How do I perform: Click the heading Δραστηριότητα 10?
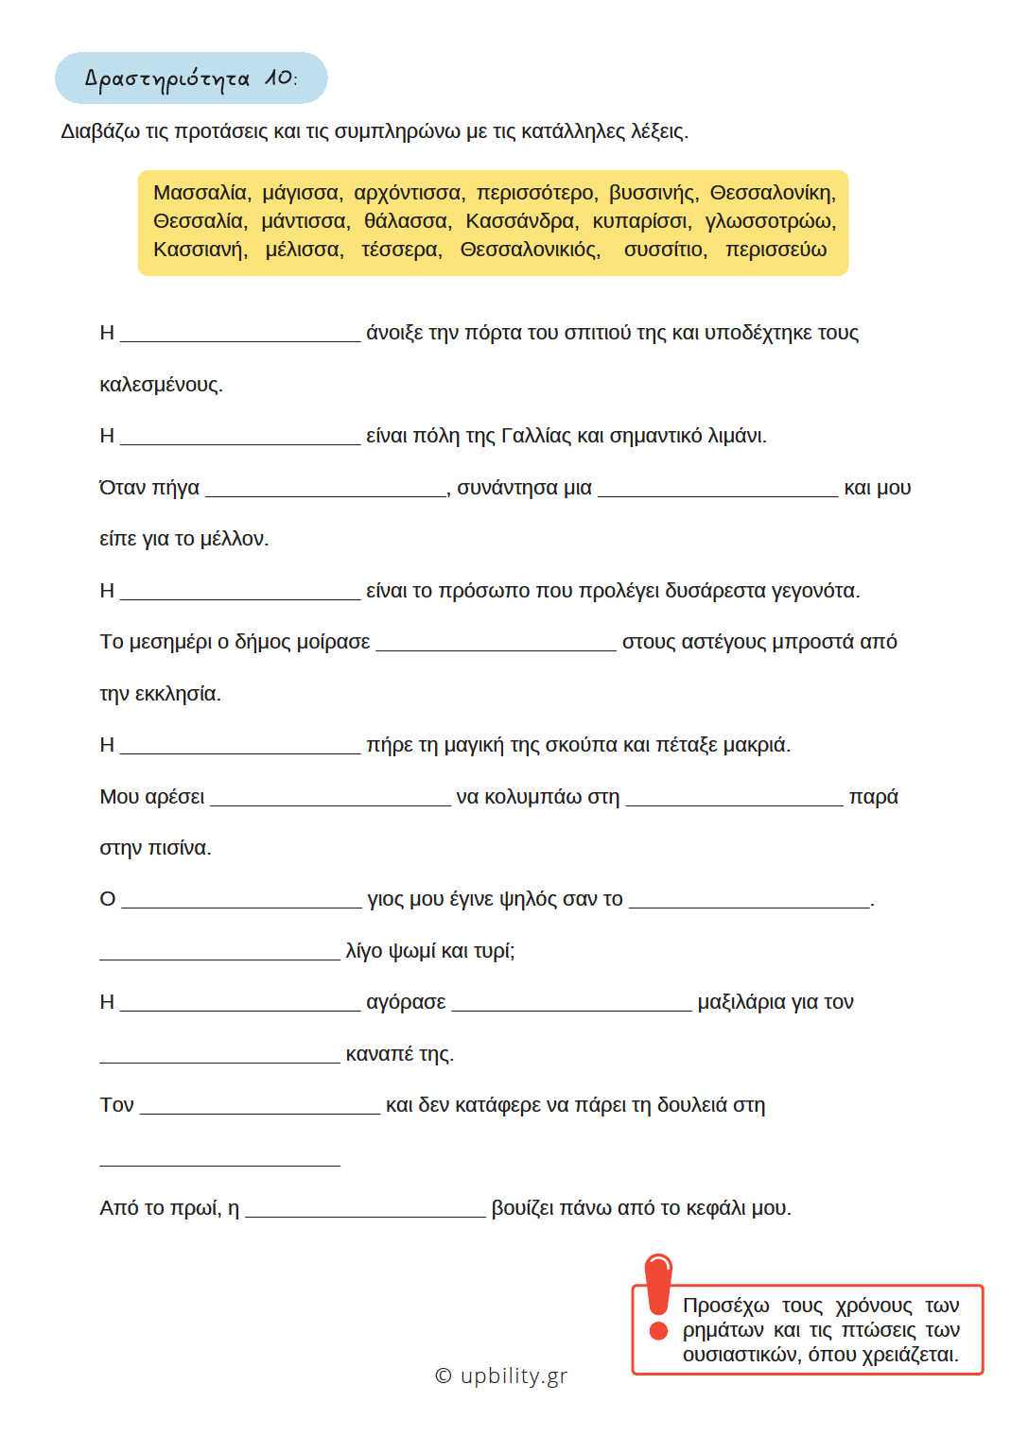click(x=191, y=78)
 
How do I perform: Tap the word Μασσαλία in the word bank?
click(x=201, y=193)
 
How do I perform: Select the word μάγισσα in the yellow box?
click(x=302, y=193)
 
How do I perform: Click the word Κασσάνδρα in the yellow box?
click(x=521, y=221)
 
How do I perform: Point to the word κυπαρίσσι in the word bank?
click(x=642, y=221)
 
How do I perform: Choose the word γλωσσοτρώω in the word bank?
click(x=770, y=221)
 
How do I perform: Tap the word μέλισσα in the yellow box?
click(x=304, y=250)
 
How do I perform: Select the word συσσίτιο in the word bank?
click(x=665, y=250)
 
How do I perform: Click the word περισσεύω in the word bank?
click(x=776, y=250)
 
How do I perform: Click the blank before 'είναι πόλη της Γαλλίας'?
click(x=240, y=437)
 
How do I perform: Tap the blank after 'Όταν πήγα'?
click(x=325, y=488)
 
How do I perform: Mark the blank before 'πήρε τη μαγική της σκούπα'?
click(x=240, y=746)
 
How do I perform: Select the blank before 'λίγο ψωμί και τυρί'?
click(x=219, y=952)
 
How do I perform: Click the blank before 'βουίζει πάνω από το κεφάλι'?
click(x=365, y=1209)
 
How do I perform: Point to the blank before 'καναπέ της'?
click(x=219, y=1055)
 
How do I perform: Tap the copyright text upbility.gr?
click(x=501, y=1375)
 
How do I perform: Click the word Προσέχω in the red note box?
click(x=725, y=1306)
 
